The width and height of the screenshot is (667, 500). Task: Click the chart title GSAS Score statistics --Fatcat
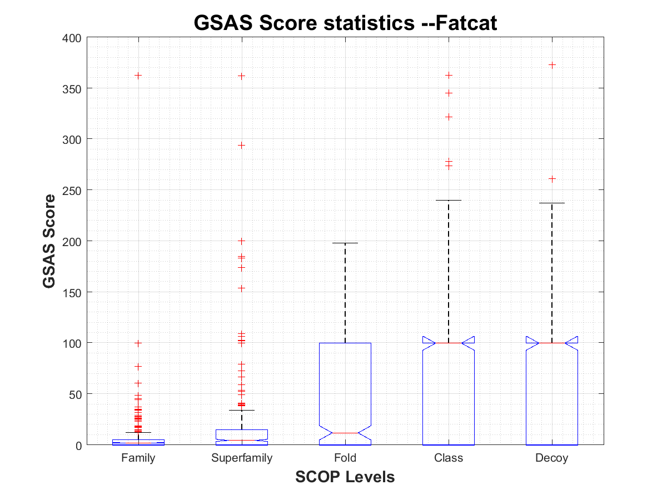click(345, 23)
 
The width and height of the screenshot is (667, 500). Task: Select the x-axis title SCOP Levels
click(345, 477)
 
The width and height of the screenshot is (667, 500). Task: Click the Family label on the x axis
click(138, 458)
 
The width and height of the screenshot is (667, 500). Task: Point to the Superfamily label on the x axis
click(242, 458)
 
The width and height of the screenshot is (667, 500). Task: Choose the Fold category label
click(345, 458)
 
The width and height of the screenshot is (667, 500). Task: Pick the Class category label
click(449, 458)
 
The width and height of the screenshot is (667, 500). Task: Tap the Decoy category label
click(551, 458)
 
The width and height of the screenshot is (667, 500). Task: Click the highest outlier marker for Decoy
click(552, 65)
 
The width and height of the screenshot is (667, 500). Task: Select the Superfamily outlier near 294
click(242, 146)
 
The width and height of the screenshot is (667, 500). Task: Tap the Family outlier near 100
click(138, 343)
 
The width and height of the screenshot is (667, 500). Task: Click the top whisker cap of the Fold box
click(345, 243)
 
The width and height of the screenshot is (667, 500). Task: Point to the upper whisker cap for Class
click(449, 200)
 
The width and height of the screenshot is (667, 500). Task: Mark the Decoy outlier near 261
click(552, 179)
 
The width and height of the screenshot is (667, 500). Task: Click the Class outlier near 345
click(449, 93)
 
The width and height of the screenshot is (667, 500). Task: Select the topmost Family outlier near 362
click(138, 76)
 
